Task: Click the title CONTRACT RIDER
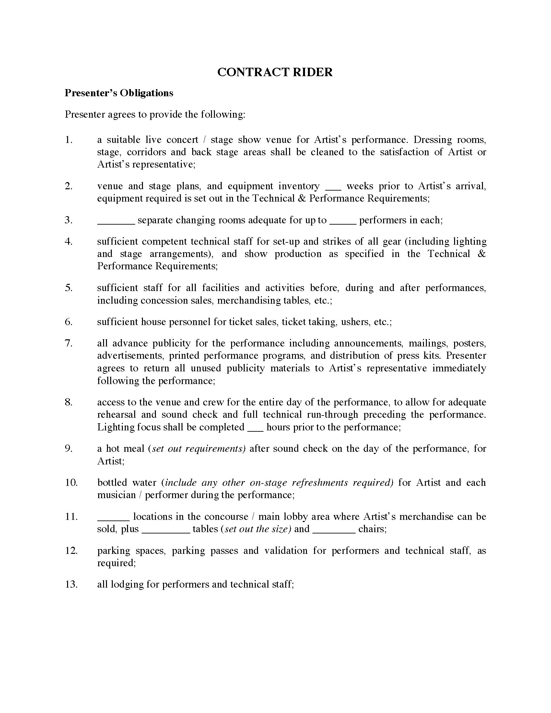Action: coord(275,72)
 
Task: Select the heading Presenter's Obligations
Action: coord(119,93)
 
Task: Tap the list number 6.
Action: coord(68,322)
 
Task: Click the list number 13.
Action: coord(71,584)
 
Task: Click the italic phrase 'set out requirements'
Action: coord(199,449)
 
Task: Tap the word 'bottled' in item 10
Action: coord(112,483)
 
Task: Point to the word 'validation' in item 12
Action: coord(286,551)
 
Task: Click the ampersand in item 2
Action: coord(302,198)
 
